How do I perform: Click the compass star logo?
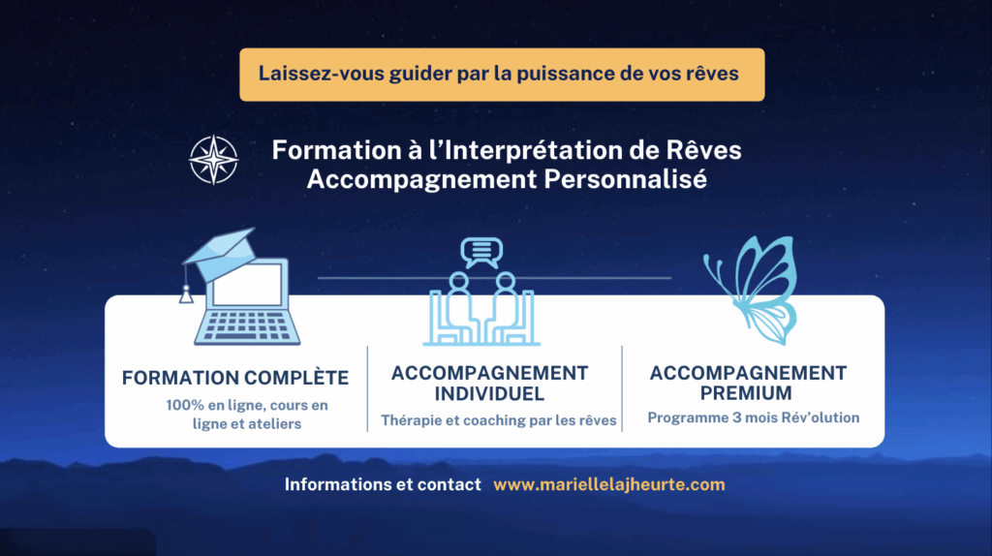214,160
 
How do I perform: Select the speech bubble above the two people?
481,253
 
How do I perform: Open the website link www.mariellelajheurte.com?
609,484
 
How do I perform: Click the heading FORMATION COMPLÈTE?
235,378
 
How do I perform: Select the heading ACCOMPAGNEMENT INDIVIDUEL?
489,384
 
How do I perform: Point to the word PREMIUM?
746,393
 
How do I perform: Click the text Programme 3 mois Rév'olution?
754,417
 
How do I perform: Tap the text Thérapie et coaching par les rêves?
499,420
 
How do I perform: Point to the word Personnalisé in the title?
625,179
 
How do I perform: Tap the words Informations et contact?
383,484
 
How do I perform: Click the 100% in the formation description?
185,406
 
